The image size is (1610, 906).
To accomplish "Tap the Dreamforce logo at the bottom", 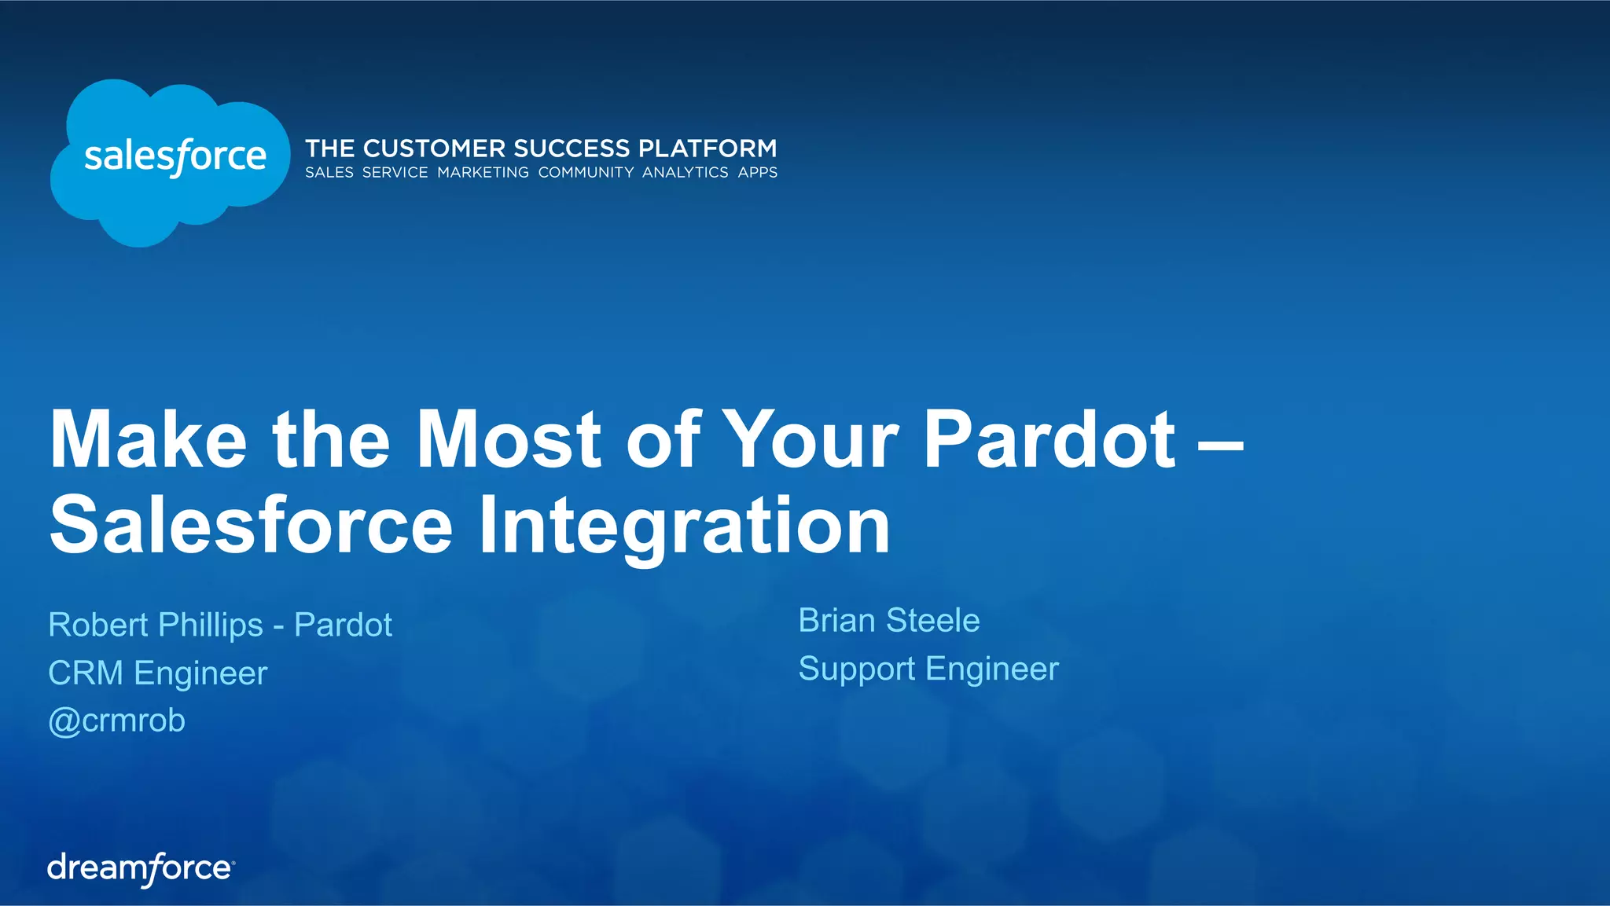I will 141,869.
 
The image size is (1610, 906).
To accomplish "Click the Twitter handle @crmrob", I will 117,721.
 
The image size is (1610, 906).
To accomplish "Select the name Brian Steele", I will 889,621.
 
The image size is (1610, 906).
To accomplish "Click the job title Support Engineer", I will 928,669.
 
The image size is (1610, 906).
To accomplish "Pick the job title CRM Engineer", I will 158,673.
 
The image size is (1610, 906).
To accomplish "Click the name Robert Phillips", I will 156,625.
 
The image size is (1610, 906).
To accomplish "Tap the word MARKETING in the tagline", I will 483,172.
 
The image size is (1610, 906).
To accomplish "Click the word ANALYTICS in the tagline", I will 685,172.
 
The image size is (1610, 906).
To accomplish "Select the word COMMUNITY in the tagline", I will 586,172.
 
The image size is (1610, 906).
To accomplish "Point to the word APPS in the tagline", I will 757,172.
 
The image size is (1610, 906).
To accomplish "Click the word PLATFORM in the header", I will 707,149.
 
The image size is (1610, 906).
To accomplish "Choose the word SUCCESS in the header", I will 572,149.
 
